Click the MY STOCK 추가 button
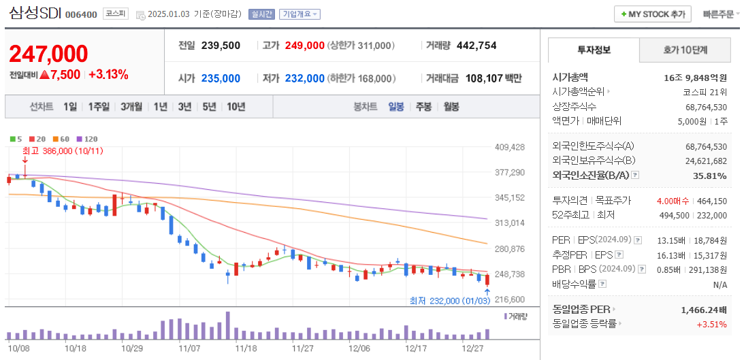click(652, 14)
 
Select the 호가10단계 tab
click(685, 50)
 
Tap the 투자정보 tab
click(594, 50)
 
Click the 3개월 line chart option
click(131, 106)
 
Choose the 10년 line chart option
click(236, 106)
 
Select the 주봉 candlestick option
click(423, 106)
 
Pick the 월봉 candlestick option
click(451, 106)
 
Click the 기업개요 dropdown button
click(300, 14)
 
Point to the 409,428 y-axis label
click(510, 147)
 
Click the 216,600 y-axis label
click(510, 299)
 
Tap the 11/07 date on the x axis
click(189, 348)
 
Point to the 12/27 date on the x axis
click(472, 348)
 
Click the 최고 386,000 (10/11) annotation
click(63, 150)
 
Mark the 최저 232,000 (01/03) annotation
click(449, 301)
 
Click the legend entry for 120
click(88, 139)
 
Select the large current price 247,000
click(48, 54)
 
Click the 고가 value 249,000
click(304, 46)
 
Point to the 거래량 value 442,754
click(476, 46)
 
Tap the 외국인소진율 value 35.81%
click(711, 176)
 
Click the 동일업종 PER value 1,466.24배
click(703, 310)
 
